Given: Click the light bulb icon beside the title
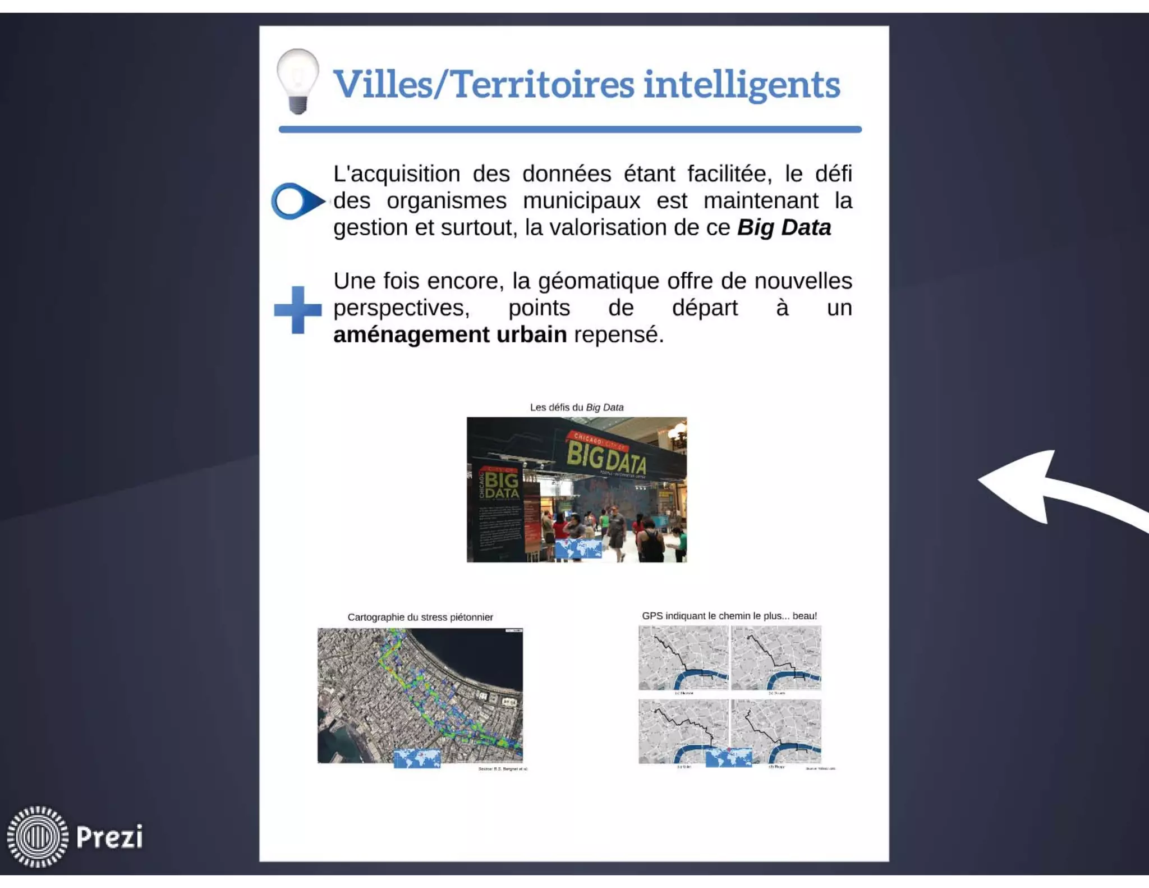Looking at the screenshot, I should tap(297, 80).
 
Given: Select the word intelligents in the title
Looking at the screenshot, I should tap(741, 85).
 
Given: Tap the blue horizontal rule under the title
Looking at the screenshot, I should tap(569, 130).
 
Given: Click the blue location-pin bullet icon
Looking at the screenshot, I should tap(296, 201).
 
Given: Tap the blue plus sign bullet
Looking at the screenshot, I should tap(298, 310).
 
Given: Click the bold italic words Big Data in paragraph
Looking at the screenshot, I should tap(784, 228).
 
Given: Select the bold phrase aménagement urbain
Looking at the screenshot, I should tap(449, 335).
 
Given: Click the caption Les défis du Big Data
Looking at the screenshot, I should tap(576, 408).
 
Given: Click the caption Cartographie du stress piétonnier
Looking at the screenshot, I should tap(420, 617).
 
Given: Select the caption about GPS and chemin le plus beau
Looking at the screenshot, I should tap(729, 616).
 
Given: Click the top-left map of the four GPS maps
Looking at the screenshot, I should tap(683, 658).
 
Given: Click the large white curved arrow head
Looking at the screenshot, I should tap(1021, 486).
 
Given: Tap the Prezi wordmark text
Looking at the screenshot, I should tap(109, 837).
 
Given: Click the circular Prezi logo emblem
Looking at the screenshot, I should tap(38, 837).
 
